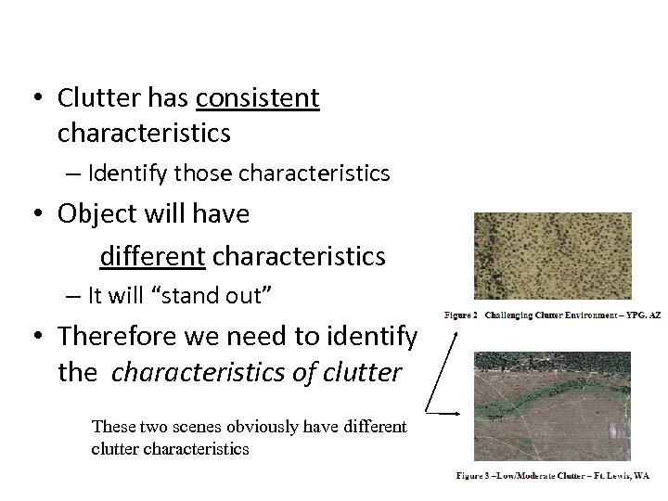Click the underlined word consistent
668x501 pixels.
pyautogui.click(x=259, y=97)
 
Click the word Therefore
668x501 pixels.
pyautogui.click(x=122, y=336)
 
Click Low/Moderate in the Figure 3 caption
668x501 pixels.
pyautogui.click(x=517, y=474)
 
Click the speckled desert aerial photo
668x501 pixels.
pyautogui.click(x=552, y=256)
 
